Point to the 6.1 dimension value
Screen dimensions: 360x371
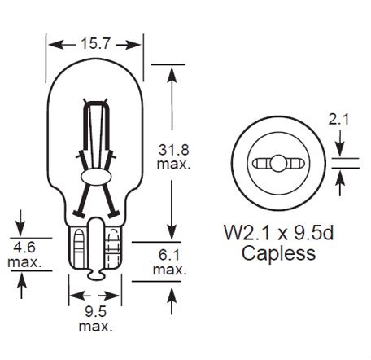(x=170, y=255)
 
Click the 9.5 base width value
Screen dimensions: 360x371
(x=95, y=311)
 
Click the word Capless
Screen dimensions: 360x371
(x=279, y=253)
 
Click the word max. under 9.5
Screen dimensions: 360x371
(x=95, y=326)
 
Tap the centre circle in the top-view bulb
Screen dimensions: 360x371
(x=278, y=163)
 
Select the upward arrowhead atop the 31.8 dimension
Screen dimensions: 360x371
(x=171, y=72)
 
